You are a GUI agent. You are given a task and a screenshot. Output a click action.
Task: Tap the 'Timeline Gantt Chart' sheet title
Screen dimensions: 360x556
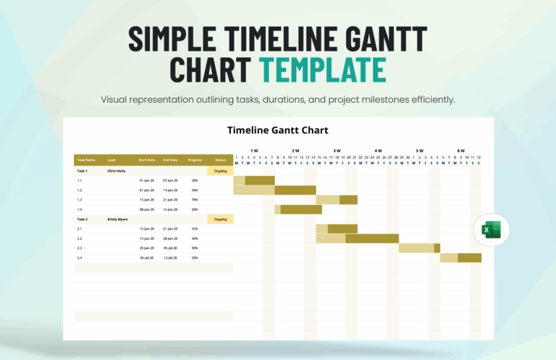coord(278,130)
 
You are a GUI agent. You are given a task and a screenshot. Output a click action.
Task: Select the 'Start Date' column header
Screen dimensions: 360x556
coord(147,159)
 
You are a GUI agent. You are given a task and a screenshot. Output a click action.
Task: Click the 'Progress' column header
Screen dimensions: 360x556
coord(195,159)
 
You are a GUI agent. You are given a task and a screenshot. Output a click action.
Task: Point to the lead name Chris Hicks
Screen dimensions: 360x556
coord(117,171)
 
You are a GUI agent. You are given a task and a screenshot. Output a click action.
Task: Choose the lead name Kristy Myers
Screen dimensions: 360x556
coord(117,219)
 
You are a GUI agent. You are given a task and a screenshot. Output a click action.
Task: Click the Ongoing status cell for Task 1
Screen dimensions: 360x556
coord(220,171)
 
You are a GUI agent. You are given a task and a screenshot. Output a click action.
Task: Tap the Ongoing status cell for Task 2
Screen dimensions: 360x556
coord(220,219)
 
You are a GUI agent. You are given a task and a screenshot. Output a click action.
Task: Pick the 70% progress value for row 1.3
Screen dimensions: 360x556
coord(195,199)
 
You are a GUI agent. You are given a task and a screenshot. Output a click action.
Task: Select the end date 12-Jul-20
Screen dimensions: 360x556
coord(170,257)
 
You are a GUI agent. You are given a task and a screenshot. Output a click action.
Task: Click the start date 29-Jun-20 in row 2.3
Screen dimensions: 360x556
coord(147,248)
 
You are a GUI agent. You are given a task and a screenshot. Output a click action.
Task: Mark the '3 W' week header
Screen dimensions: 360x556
coord(337,151)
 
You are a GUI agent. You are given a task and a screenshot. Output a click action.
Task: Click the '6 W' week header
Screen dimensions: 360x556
coord(460,151)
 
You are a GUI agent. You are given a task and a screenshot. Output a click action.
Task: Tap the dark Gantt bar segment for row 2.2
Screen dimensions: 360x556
coord(372,238)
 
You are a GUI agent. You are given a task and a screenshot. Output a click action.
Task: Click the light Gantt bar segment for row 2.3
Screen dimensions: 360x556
coord(416,248)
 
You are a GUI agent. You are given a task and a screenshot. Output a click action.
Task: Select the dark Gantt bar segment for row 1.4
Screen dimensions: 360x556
coord(301,209)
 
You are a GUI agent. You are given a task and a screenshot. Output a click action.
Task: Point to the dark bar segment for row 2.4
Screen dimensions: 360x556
coord(470,257)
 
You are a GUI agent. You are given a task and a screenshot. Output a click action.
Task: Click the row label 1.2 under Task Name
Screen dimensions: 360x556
coord(80,190)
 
